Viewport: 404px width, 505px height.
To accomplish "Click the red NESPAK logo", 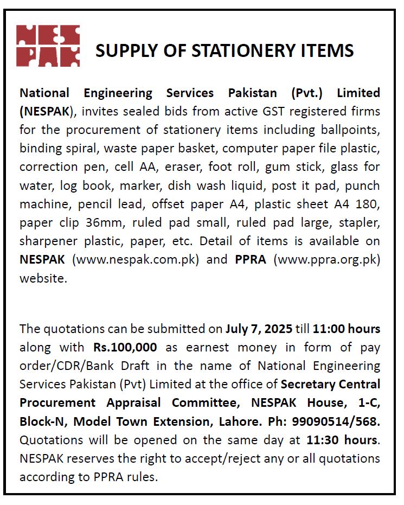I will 48,46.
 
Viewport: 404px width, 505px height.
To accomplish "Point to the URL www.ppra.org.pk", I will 327,259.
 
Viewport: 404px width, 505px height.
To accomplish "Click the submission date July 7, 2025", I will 259,329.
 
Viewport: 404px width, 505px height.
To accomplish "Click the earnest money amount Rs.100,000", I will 125,347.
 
